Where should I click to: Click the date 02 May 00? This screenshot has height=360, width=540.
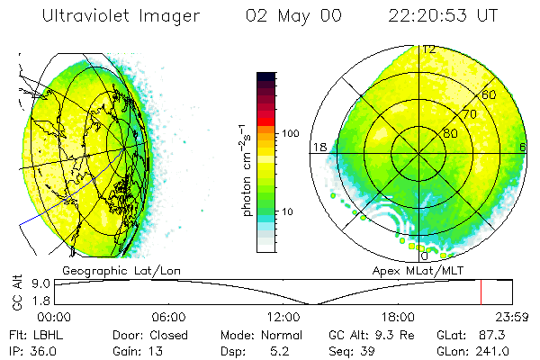tap(283, 16)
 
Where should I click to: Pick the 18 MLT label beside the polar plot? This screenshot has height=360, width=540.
tap(319, 148)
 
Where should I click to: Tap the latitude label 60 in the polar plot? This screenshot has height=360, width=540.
tap(490, 94)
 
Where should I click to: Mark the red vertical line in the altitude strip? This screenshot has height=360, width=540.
tap(481, 292)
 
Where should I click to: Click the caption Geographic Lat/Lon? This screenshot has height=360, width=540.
tap(110, 270)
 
